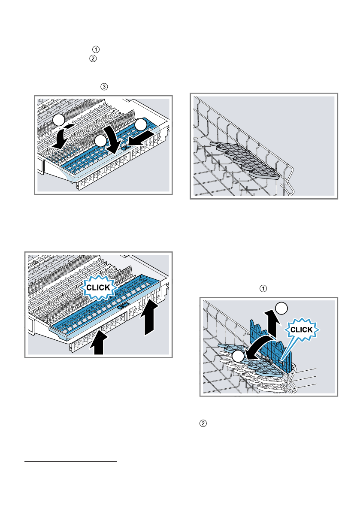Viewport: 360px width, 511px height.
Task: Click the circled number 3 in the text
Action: (x=104, y=87)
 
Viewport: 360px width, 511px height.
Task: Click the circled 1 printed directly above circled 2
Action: (x=96, y=49)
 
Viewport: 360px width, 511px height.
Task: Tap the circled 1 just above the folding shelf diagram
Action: (x=263, y=288)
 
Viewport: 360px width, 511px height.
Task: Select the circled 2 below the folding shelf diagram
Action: (x=203, y=423)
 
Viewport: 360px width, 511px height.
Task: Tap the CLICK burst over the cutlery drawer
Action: (x=98, y=287)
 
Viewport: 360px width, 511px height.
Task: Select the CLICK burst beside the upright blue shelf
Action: (x=302, y=330)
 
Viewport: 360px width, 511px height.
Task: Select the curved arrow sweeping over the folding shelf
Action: (x=260, y=348)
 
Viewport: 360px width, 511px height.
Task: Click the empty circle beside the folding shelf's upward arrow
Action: (x=282, y=308)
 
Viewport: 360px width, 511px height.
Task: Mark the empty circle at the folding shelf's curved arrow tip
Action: (x=238, y=356)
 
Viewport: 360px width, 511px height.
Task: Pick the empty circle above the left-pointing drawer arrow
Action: (x=142, y=124)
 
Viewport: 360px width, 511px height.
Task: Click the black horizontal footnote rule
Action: (x=71, y=461)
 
